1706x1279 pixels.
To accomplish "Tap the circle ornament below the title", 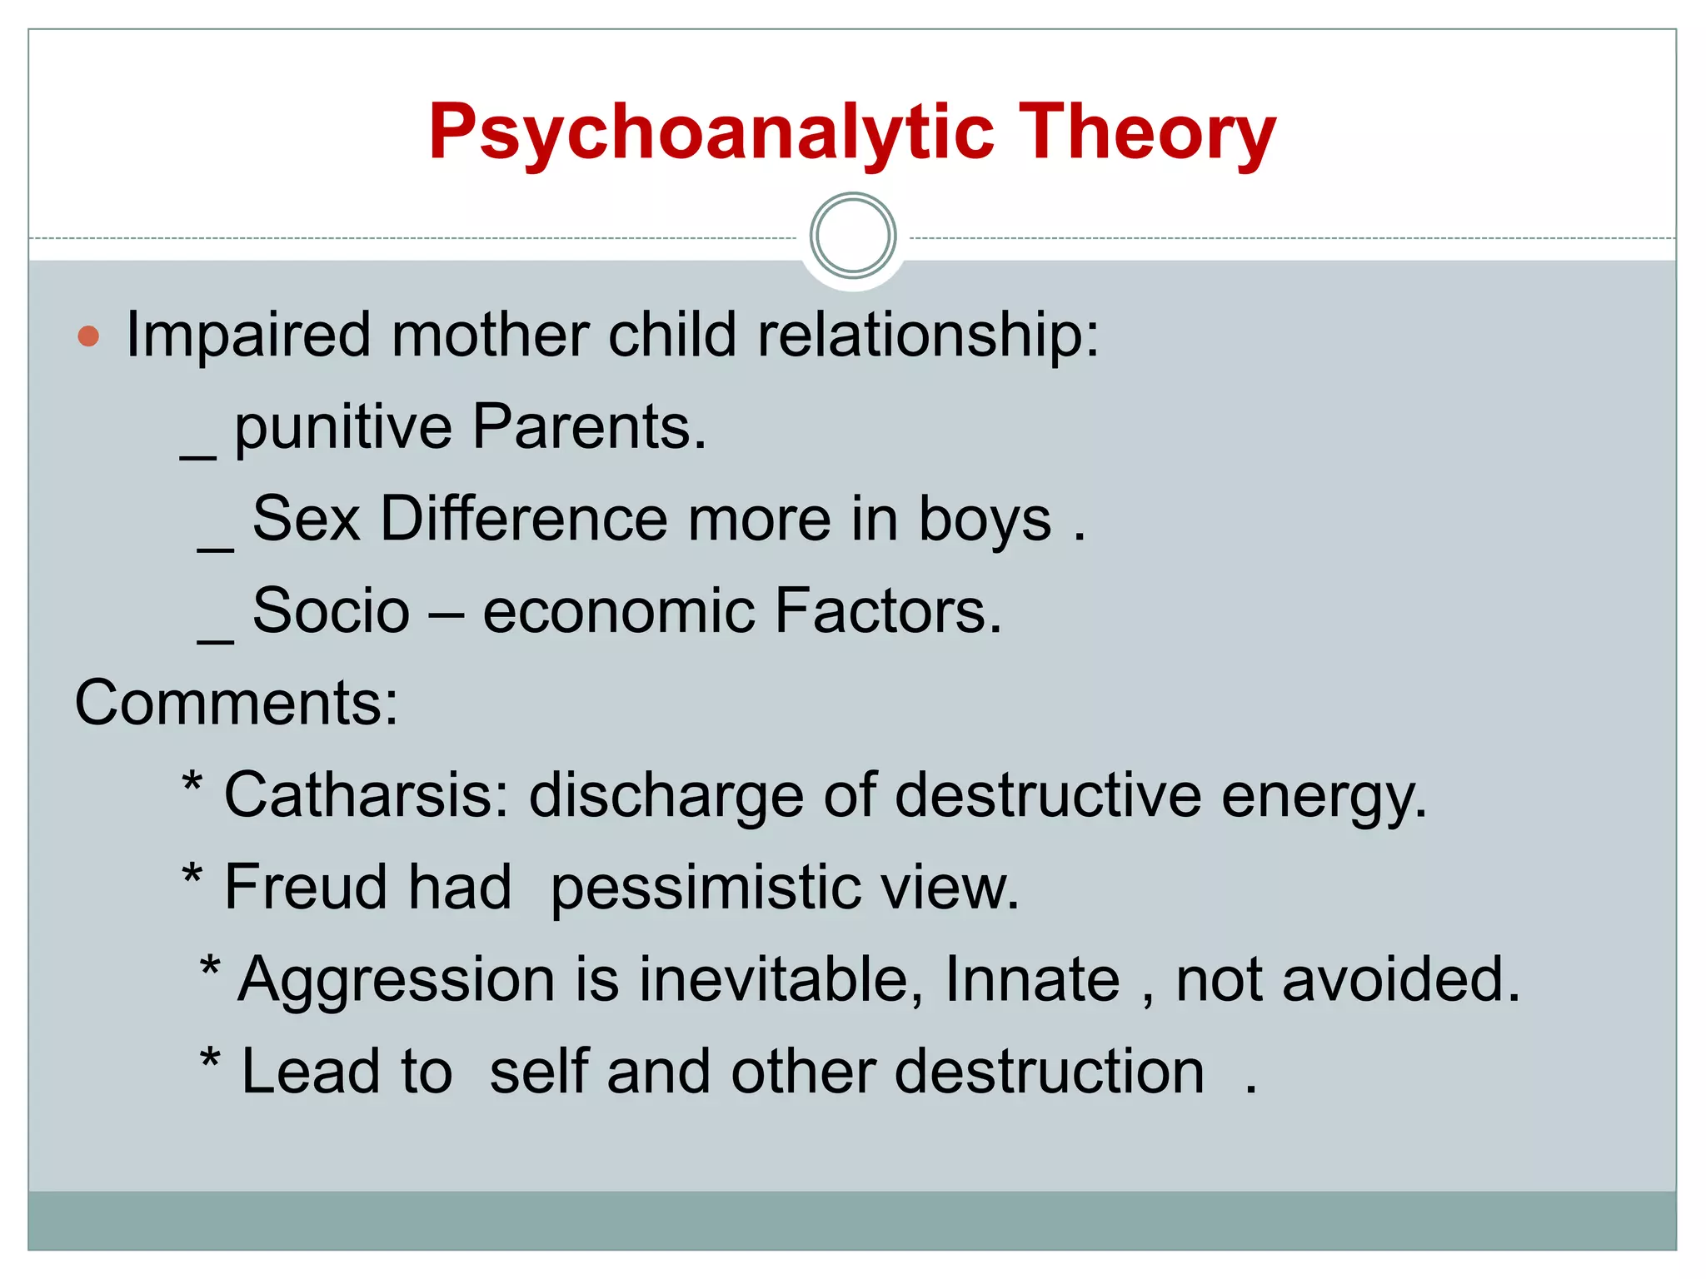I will [x=852, y=236].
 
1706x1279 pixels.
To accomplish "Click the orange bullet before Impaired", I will [x=88, y=336].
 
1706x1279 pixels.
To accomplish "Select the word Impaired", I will [x=247, y=336].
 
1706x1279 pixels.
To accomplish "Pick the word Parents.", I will [x=588, y=427].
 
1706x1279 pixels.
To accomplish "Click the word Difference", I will [x=523, y=520].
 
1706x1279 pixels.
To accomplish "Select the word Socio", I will [x=331, y=611].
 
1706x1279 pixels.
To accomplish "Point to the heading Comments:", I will [x=237, y=704].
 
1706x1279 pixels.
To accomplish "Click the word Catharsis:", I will [x=367, y=795].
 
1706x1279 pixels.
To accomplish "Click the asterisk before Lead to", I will [x=210, y=1062].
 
